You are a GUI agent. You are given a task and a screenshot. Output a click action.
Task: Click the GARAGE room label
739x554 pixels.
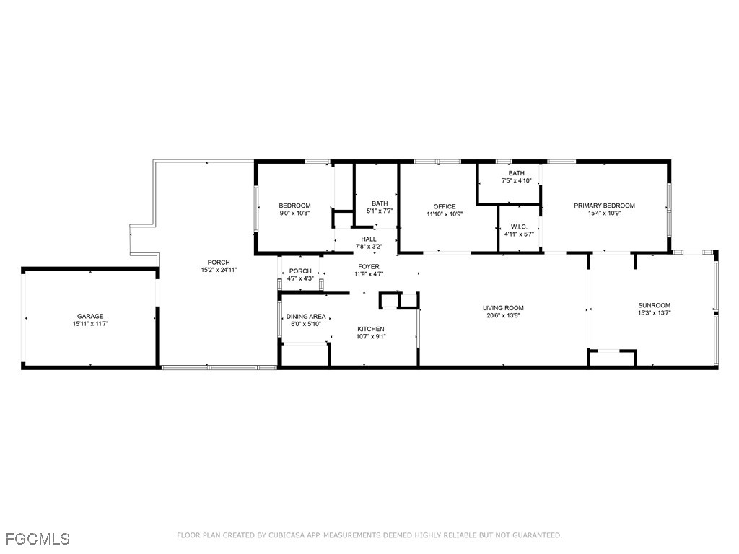pos(90,316)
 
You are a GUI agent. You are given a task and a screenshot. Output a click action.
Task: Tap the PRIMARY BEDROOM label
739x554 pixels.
pos(604,206)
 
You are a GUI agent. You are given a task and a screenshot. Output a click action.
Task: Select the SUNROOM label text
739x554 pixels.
pos(654,305)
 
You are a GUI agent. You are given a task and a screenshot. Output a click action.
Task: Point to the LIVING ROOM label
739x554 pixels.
pos(503,308)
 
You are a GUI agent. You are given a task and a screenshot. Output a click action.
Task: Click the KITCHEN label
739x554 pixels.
pos(371,329)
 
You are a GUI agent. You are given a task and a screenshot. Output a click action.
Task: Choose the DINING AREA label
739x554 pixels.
pos(306,317)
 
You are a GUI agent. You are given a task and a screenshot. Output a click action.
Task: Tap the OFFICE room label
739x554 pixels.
pos(445,206)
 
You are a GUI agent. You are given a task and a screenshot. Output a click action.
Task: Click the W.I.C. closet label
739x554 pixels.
pos(519,227)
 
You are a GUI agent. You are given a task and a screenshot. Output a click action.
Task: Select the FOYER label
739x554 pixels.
pos(369,267)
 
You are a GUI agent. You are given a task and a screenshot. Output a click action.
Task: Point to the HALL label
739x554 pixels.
pos(369,239)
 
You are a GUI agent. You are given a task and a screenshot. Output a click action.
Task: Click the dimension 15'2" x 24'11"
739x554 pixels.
pos(219,270)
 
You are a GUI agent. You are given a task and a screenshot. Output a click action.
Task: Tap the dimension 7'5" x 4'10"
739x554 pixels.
pos(517,180)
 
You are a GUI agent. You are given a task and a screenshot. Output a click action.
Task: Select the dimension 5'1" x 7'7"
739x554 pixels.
pos(380,211)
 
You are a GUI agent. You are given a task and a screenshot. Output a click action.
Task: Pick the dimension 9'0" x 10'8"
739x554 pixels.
pos(294,213)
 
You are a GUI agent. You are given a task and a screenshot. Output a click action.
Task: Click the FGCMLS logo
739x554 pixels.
pos(38,539)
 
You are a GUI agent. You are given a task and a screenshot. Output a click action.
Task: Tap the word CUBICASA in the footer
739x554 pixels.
pos(287,535)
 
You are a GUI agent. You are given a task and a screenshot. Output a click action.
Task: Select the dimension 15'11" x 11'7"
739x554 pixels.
pos(90,324)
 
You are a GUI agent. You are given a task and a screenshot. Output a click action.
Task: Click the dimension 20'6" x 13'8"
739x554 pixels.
pos(503,316)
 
